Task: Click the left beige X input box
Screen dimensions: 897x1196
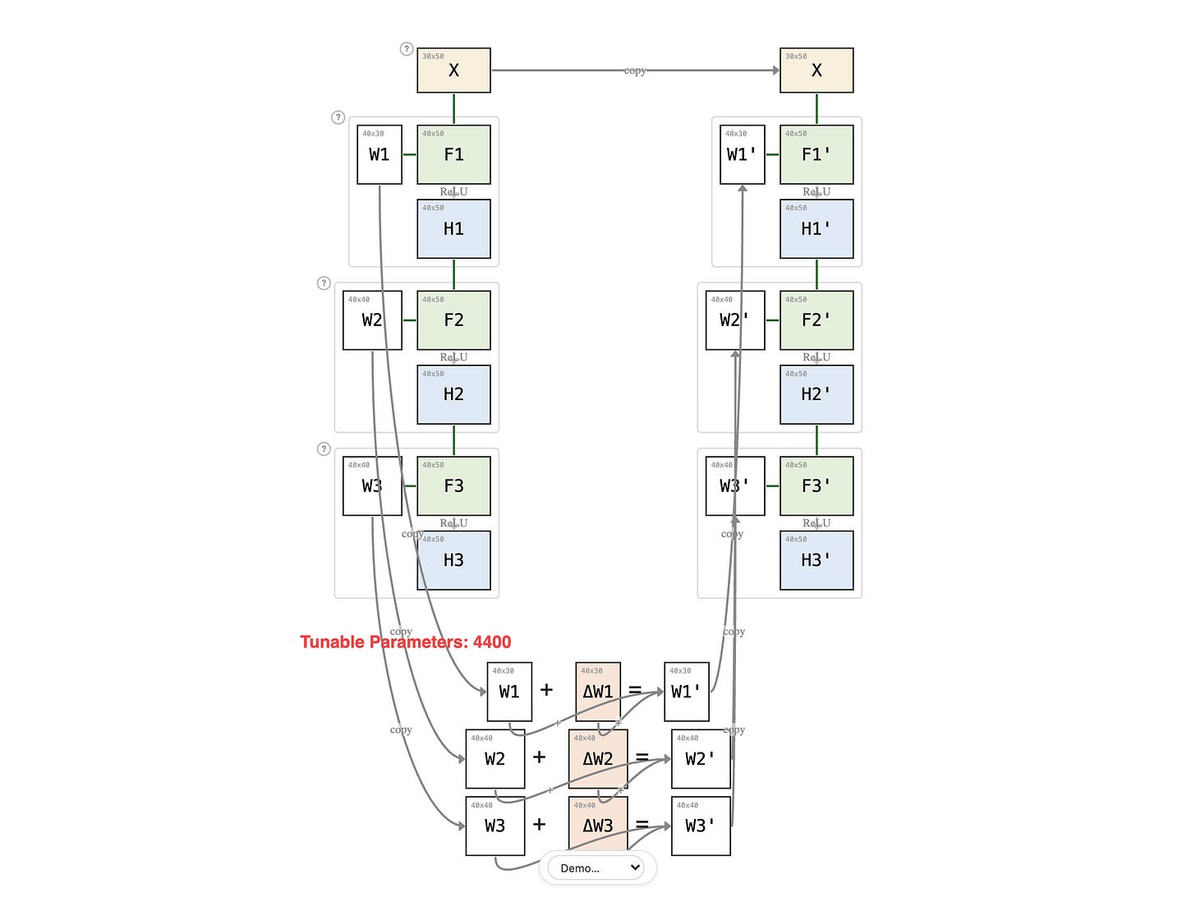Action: pyautogui.click(x=453, y=71)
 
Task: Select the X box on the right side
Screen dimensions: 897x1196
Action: pyautogui.click(x=816, y=71)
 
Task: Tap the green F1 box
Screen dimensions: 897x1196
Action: pyautogui.click(x=453, y=154)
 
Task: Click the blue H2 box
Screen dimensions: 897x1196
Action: pyautogui.click(x=453, y=394)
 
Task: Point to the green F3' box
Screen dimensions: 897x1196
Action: pyautogui.click(x=816, y=485)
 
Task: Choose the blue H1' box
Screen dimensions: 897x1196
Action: pyautogui.click(x=816, y=228)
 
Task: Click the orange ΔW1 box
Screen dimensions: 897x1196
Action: pyautogui.click(x=597, y=692)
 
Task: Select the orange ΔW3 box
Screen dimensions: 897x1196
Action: pyautogui.click(x=597, y=826)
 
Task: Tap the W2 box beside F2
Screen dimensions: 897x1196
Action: pyautogui.click(x=372, y=320)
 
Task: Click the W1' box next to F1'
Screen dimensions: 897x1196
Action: pyautogui.click(x=742, y=154)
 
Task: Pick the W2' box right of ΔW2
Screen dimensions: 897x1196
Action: pyautogui.click(x=700, y=759)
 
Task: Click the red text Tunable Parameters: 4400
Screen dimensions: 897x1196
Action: pyautogui.click(x=406, y=642)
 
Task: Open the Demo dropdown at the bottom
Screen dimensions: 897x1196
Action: pyautogui.click(x=597, y=867)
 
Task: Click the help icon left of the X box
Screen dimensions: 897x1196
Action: pyautogui.click(x=406, y=49)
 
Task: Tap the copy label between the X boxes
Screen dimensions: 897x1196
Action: pyautogui.click(x=635, y=71)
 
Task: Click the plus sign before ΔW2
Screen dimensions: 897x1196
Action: pyautogui.click(x=539, y=757)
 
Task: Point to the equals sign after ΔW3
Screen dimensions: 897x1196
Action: pyautogui.click(x=642, y=825)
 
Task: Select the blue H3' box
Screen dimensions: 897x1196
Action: pyautogui.click(x=816, y=560)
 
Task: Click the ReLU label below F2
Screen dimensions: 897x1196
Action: pyautogui.click(x=453, y=357)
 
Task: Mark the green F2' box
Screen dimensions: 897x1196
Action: pyautogui.click(x=816, y=320)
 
